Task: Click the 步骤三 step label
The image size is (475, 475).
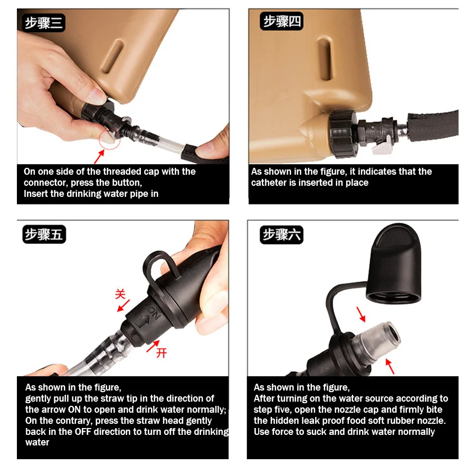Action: [x=44, y=23]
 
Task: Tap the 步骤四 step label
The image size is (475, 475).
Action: [x=281, y=21]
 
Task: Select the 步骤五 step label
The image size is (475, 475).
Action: [x=44, y=234]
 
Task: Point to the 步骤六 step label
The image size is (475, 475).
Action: [x=281, y=235]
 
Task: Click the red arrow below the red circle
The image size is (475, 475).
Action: [x=99, y=157]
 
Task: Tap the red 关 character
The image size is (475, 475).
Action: [x=120, y=294]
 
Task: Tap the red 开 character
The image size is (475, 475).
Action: [x=161, y=353]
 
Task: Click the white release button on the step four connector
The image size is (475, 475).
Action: [x=382, y=147]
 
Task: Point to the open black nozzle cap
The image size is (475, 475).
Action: [x=394, y=263]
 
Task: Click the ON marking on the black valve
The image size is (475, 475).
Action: [x=154, y=312]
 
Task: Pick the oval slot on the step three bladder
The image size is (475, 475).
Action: [x=113, y=57]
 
